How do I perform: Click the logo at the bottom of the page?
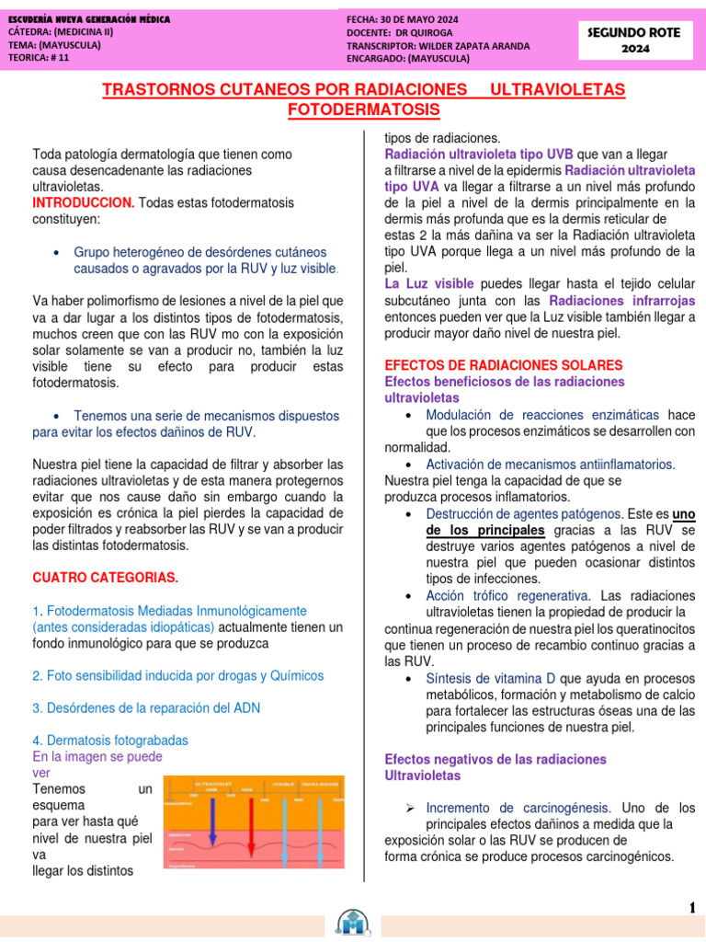tap(353, 922)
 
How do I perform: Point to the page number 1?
tap(691, 908)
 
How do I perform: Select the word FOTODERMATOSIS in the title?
tap(364, 110)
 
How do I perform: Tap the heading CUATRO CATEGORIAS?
tap(105, 578)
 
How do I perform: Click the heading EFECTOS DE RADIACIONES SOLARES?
tap(503, 365)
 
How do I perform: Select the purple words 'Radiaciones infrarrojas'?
tap(621, 301)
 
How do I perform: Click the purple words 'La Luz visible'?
tap(429, 284)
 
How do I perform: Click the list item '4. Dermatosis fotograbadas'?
tap(109, 740)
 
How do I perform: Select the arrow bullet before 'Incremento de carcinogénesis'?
tap(411, 808)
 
